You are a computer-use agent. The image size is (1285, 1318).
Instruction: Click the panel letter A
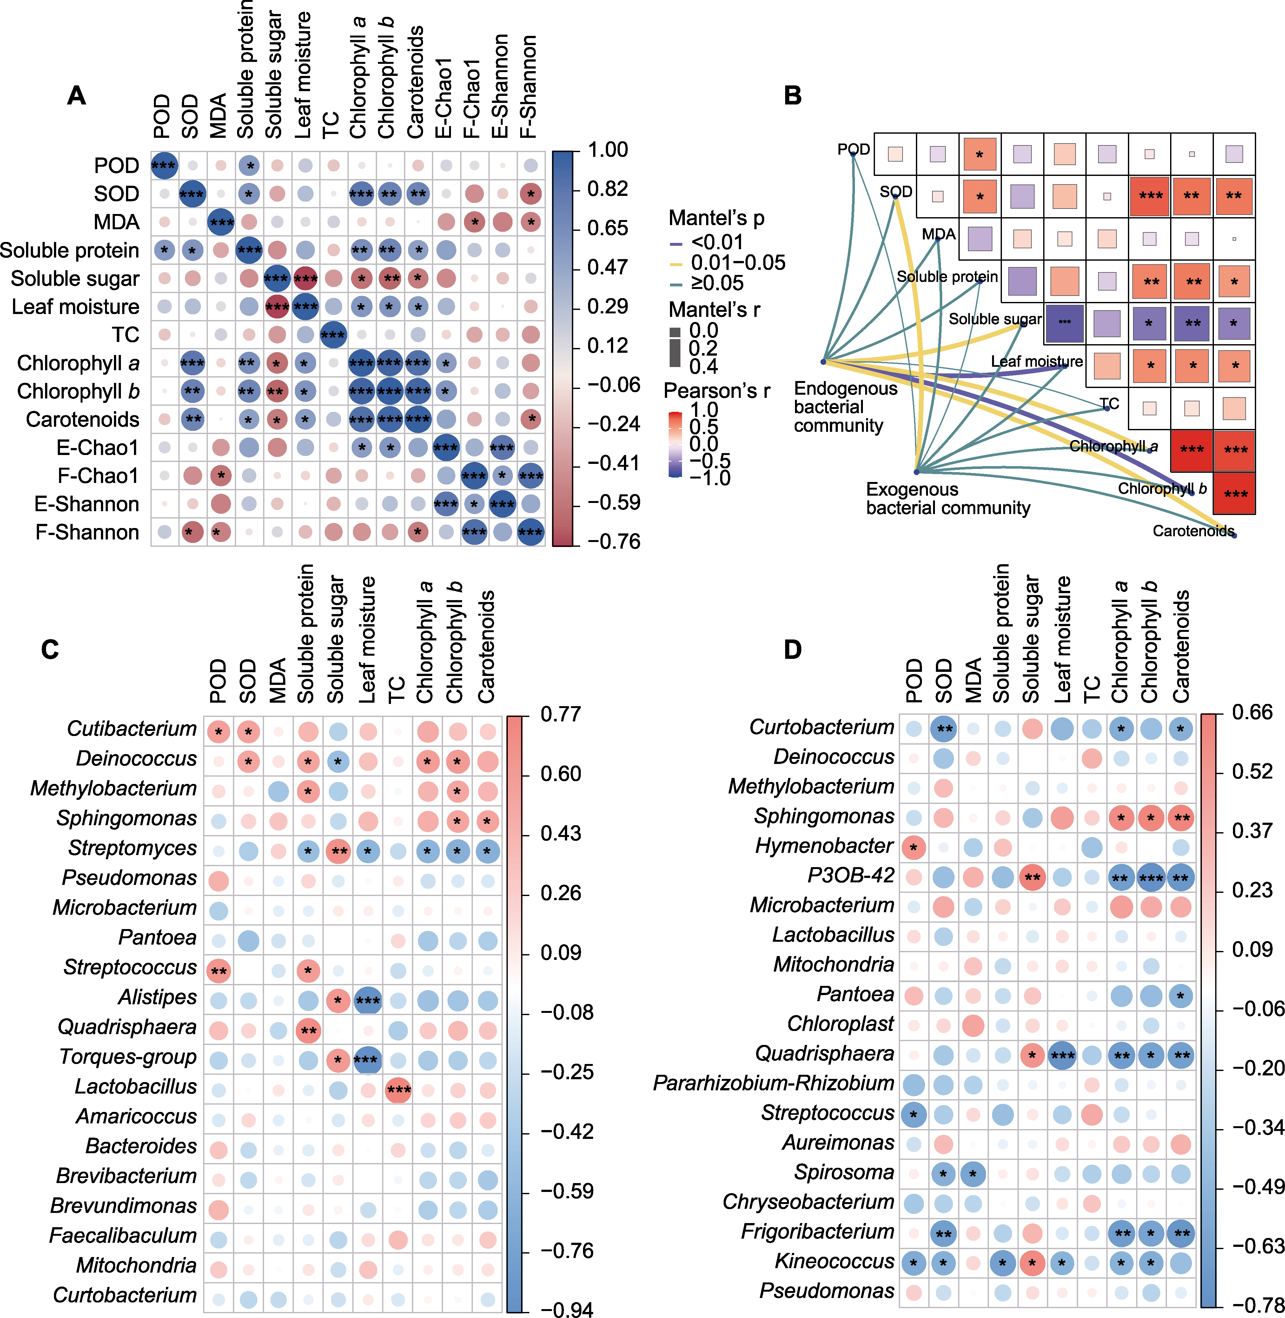pos(76,96)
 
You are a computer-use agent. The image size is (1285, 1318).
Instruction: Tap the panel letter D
pos(792,650)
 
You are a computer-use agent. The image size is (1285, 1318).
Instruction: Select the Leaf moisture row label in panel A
pos(76,306)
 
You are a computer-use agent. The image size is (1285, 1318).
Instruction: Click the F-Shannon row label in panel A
pos(87,532)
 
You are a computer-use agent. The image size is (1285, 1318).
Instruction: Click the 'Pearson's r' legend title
pos(717,391)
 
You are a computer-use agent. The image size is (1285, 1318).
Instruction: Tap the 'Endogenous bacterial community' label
pos(846,407)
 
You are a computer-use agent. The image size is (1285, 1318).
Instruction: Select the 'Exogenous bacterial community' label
pos(948,498)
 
